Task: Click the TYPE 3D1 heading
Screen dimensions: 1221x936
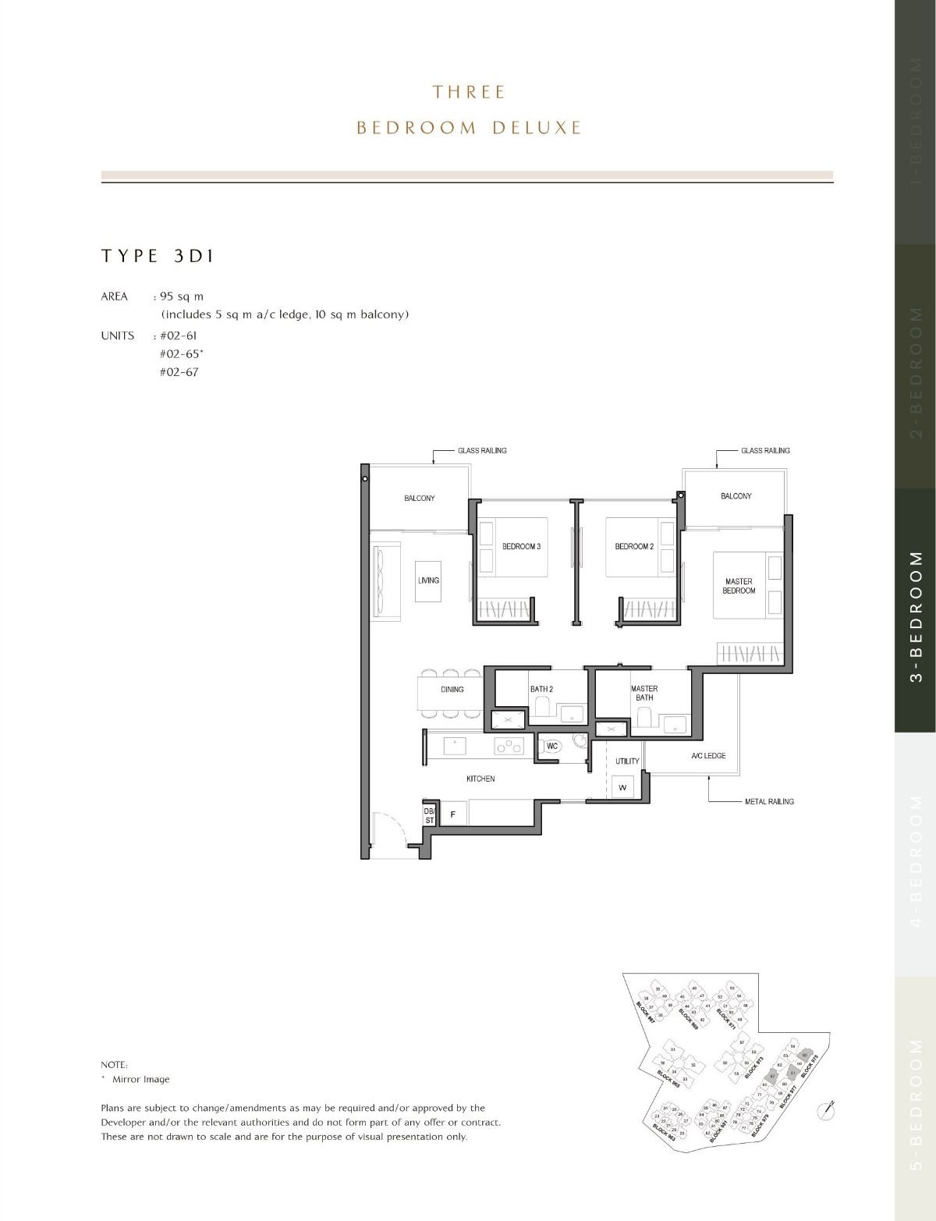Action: pos(158,256)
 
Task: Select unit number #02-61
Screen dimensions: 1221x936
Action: pos(179,335)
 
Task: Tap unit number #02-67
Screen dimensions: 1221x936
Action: pos(179,372)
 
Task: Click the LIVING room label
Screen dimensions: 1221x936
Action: pos(428,580)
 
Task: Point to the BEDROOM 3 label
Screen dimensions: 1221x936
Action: pos(521,546)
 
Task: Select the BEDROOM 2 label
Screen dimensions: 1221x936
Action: pos(633,546)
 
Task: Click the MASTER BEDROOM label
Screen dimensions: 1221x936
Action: pos(739,586)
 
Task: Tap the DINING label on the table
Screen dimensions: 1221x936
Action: pos(452,690)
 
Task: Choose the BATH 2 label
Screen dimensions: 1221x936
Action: pos(541,689)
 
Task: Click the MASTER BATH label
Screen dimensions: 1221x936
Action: pos(644,693)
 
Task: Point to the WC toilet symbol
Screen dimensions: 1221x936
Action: pos(552,747)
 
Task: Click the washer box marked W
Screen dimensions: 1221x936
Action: pos(622,787)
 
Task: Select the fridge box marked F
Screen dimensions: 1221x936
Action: pos(452,815)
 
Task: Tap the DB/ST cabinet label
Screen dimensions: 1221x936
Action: pos(429,815)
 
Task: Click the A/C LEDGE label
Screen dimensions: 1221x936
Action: pos(708,756)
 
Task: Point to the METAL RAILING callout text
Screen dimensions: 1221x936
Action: pos(769,801)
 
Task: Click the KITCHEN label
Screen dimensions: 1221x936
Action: pos(480,779)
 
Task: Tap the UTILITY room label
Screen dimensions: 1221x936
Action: pos(627,761)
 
